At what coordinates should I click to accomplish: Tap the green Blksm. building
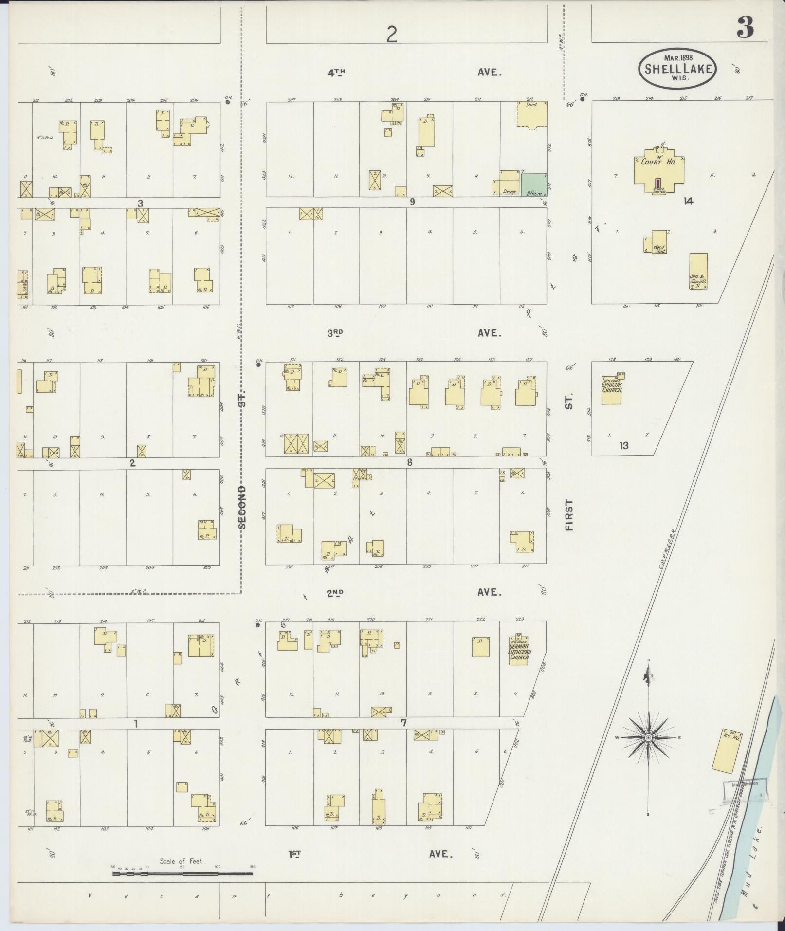tap(534, 185)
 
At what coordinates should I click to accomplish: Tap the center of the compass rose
tap(648, 751)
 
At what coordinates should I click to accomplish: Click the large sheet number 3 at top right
tap(745, 28)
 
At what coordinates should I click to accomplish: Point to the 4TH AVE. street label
tap(414, 73)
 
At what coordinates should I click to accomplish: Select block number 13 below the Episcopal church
tap(624, 445)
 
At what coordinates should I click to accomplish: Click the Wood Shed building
tap(659, 241)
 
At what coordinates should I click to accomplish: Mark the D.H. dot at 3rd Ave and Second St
tap(258, 365)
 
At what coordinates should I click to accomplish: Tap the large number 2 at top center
tap(392, 35)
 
